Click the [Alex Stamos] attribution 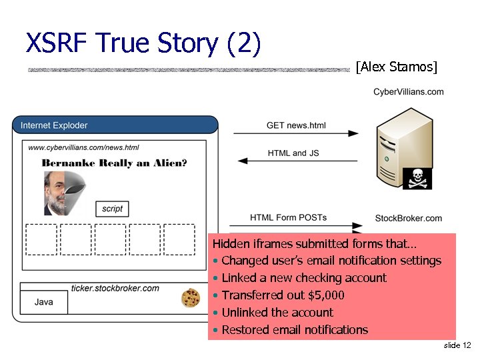[x=396, y=67]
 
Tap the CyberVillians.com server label [x=408, y=92]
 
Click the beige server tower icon [x=399, y=147]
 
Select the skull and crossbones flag [x=418, y=178]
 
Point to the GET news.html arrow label [x=296, y=125]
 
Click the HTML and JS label [x=293, y=153]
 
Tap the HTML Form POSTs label [x=288, y=217]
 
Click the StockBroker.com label [x=408, y=218]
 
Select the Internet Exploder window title [x=54, y=125]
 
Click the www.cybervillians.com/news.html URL [x=84, y=148]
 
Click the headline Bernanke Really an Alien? [x=114, y=163]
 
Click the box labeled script [x=112, y=209]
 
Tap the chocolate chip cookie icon [x=191, y=298]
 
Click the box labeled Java [x=44, y=302]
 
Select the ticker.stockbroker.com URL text [x=115, y=288]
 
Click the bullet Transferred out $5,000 [x=283, y=295]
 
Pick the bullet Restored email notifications [x=294, y=329]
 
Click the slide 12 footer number [x=457, y=345]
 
